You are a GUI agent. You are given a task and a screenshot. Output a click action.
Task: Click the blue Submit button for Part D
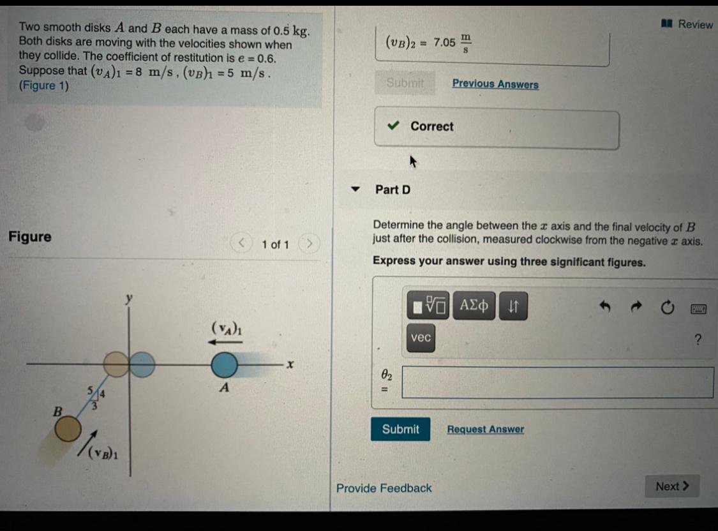pyautogui.click(x=400, y=429)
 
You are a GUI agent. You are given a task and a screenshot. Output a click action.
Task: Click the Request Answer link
pyautogui.click(x=485, y=430)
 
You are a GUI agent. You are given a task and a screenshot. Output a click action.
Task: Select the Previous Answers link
pyautogui.click(x=495, y=84)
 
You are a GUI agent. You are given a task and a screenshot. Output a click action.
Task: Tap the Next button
pyautogui.click(x=672, y=486)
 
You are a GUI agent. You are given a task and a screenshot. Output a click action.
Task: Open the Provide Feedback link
pyautogui.click(x=384, y=488)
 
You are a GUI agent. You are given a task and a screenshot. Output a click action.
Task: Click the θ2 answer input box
pyautogui.click(x=557, y=382)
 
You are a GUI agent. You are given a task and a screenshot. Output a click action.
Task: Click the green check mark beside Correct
pyautogui.click(x=394, y=126)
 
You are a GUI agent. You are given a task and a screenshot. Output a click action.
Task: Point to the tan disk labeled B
pyautogui.click(x=67, y=431)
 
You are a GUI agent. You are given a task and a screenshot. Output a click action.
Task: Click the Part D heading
pyautogui.click(x=393, y=190)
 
